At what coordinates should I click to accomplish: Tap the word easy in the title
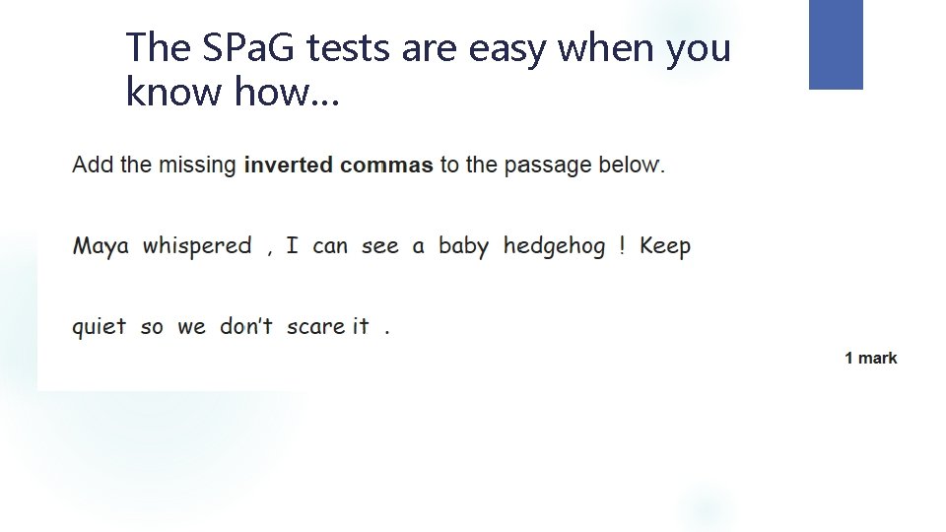(498, 48)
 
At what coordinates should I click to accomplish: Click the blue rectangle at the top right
(836, 44)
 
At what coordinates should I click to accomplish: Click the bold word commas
(386, 166)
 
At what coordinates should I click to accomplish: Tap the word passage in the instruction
(546, 166)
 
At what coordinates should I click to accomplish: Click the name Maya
(101, 246)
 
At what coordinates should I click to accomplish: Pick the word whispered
(197, 246)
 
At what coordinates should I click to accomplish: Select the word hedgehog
(554, 246)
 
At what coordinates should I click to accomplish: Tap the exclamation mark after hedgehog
(622, 245)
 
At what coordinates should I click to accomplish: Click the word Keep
(665, 246)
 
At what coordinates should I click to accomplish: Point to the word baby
(463, 246)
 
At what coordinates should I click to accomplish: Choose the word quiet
(99, 327)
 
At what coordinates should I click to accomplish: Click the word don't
(245, 326)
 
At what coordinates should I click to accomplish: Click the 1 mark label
(870, 359)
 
